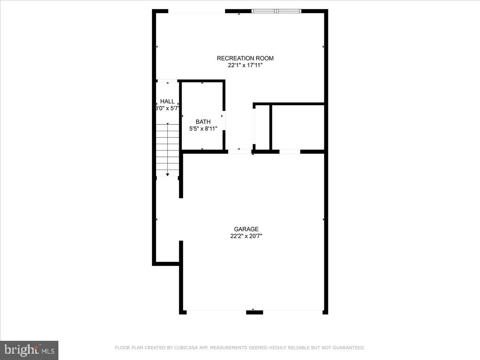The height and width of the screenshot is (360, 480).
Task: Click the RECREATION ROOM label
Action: point(245,58)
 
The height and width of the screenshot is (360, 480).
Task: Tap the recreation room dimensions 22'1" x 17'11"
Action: point(245,65)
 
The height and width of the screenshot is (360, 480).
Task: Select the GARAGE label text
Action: point(246,229)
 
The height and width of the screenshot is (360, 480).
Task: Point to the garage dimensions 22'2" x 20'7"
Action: point(246,236)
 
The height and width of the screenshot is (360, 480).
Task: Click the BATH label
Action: point(203,122)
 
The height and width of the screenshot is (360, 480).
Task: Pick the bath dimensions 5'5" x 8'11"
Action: point(203,128)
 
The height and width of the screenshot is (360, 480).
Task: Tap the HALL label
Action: point(167,102)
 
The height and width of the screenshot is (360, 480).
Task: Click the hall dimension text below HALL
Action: point(167,108)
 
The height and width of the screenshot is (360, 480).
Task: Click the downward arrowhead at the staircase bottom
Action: point(167,174)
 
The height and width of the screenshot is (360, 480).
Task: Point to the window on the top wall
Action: point(276,11)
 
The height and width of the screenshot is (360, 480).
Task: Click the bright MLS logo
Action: point(29,350)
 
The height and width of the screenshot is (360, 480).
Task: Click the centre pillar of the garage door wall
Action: point(254,312)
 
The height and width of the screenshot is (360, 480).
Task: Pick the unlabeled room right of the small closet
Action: point(298,127)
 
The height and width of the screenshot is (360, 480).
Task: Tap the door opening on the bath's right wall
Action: point(224,120)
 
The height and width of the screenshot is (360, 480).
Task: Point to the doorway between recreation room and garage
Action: point(240,152)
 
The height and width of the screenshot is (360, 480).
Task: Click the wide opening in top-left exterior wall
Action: point(196,11)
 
